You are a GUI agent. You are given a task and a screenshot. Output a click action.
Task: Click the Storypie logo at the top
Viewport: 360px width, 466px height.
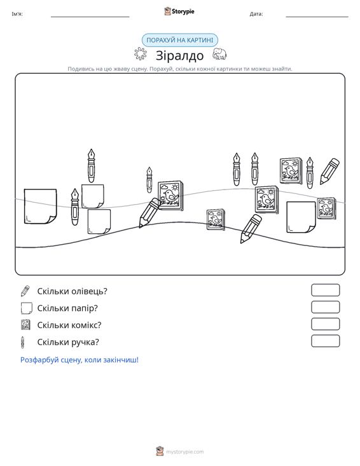tap(179, 11)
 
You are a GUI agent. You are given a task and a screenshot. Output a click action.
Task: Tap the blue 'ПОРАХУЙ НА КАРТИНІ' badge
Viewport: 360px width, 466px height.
tap(180, 40)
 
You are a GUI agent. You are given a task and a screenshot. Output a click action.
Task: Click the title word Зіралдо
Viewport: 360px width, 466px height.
tap(179, 55)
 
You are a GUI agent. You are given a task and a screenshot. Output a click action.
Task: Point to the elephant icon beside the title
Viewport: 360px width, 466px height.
tap(219, 54)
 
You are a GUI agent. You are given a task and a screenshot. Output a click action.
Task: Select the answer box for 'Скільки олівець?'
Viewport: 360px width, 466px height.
tap(325, 290)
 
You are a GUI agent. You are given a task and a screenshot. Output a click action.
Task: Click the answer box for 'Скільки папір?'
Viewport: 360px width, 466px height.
tap(325, 307)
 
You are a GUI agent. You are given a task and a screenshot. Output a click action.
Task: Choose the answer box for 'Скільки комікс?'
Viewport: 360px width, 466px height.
tap(325, 324)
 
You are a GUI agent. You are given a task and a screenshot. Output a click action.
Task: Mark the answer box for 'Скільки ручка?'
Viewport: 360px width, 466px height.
tap(325, 341)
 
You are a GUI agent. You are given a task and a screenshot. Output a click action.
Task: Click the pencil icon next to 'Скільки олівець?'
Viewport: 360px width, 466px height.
tap(25, 291)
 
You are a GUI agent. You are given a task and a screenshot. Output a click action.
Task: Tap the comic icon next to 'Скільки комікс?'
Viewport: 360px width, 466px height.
tap(25, 325)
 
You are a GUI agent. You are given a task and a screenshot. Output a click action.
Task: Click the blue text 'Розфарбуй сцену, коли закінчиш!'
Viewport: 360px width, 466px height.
tap(80, 360)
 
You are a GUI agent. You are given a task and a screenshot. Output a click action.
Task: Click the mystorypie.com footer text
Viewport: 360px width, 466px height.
tap(184, 452)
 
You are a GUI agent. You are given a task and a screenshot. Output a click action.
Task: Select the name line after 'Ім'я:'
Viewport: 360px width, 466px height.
tap(90, 17)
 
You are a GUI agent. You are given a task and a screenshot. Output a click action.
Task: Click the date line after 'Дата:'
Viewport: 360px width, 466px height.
tap(317, 17)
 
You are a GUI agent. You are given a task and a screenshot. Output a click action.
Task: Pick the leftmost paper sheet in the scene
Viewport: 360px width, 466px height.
tap(41, 206)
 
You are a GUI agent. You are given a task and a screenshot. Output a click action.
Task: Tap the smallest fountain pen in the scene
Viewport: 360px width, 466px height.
tap(149, 180)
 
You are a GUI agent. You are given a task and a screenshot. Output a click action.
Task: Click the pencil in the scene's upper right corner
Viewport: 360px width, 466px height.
tap(329, 171)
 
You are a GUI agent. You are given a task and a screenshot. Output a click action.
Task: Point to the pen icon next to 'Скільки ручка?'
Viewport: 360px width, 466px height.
tap(22, 342)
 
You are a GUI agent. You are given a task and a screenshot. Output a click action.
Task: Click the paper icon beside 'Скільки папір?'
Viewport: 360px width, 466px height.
tap(26, 308)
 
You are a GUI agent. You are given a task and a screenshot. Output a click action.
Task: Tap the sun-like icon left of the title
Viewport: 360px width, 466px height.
tap(141, 54)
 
